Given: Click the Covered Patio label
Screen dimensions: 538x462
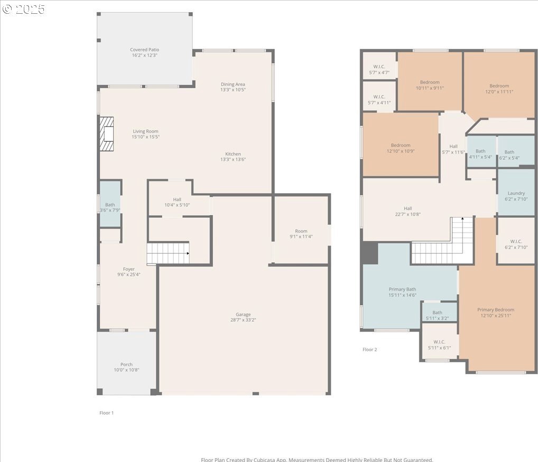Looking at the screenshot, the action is pyautogui.click(x=144, y=50).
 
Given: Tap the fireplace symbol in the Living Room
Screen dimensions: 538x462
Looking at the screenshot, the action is pyautogui.click(x=106, y=134).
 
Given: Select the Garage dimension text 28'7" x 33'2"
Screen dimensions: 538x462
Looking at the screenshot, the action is pyautogui.click(x=243, y=320).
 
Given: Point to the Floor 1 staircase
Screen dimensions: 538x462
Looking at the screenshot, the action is pyautogui.click(x=168, y=253).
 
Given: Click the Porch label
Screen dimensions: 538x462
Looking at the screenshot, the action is pyautogui.click(x=126, y=365).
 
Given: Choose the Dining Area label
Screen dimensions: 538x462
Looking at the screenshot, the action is pyautogui.click(x=233, y=84).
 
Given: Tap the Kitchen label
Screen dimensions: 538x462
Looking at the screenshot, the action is pyautogui.click(x=233, y=154).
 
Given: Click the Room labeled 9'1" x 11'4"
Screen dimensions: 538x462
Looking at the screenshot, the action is pyautogui.click(x=301, y=230).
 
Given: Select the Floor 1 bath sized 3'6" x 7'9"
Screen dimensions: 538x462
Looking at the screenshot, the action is pyautogui.click(x=110, y=204).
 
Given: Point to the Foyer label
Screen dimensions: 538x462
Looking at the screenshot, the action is pyautogui.click(x=128, y=269).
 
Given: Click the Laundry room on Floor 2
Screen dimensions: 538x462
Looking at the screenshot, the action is pyautogui.click(x=516, y=192).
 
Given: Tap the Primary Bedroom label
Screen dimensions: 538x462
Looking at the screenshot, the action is pyautogui.click(x=495, y=310).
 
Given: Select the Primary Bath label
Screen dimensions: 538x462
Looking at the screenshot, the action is pyautogui.click(x=402, y=289).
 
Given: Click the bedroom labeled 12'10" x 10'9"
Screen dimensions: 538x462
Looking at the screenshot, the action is pyautogui.click(x=401, y=144).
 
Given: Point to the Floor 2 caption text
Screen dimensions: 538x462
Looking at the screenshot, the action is pyautogui.click(x=369, y=350).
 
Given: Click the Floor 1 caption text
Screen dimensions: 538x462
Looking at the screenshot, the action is pyautogui.click(x=106, y=413).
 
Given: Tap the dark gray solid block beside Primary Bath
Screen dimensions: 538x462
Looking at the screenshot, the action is pyautogui.click(x=370, y=253).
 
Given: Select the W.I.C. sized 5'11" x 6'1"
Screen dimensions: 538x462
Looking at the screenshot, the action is pyautogui.click(x=439, y=341).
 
